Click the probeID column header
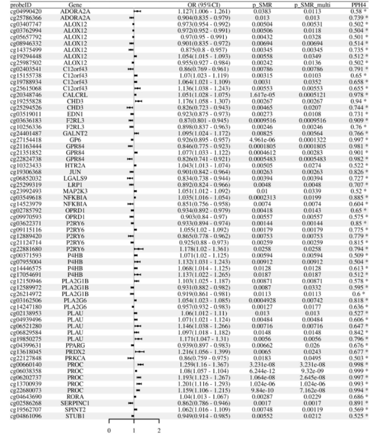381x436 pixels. pos(19,4)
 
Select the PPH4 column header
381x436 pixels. pos(357,4)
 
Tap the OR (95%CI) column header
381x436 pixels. pos(202,4)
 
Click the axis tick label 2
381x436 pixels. pos(159,431)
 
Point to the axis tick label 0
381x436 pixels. pos(109,431)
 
